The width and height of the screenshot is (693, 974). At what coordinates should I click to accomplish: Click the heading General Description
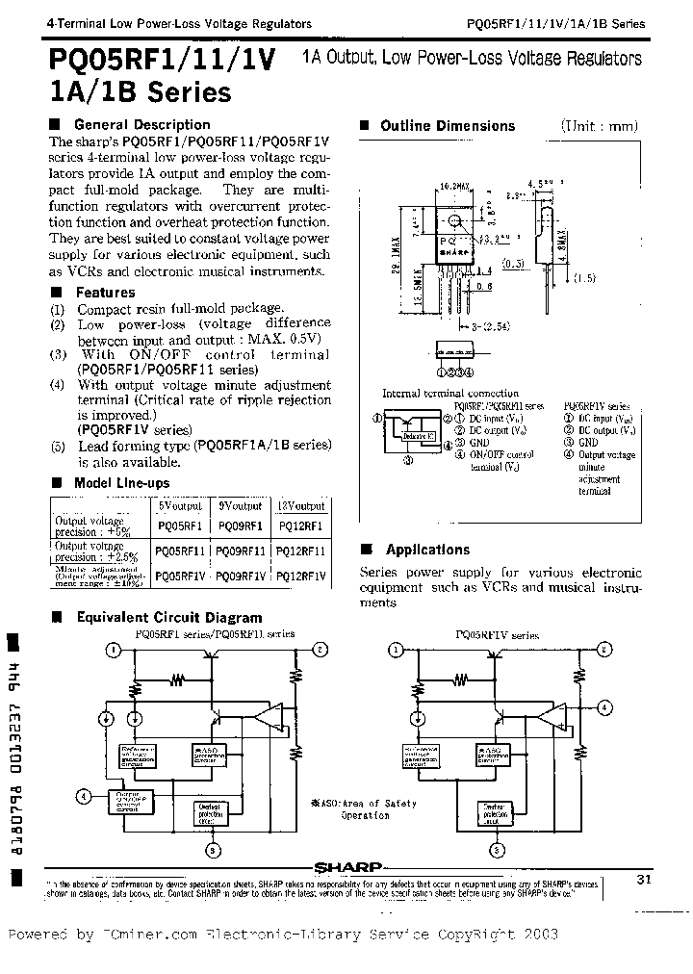point(141,124)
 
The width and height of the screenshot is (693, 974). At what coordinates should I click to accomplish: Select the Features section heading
point(105,292)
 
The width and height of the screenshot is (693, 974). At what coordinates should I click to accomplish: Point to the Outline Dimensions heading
point(448,125)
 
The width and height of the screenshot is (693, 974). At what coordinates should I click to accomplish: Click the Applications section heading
point(427,550)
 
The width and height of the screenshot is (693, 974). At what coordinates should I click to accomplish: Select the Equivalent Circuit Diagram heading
point(168,618)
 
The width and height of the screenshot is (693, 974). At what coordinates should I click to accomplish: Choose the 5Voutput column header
point(179,505)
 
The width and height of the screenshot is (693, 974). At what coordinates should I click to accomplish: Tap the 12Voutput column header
point(301,505)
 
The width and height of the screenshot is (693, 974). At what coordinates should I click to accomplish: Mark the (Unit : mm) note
point(600,126)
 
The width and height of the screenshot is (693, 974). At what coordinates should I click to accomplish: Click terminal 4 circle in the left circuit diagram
point(86,796)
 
